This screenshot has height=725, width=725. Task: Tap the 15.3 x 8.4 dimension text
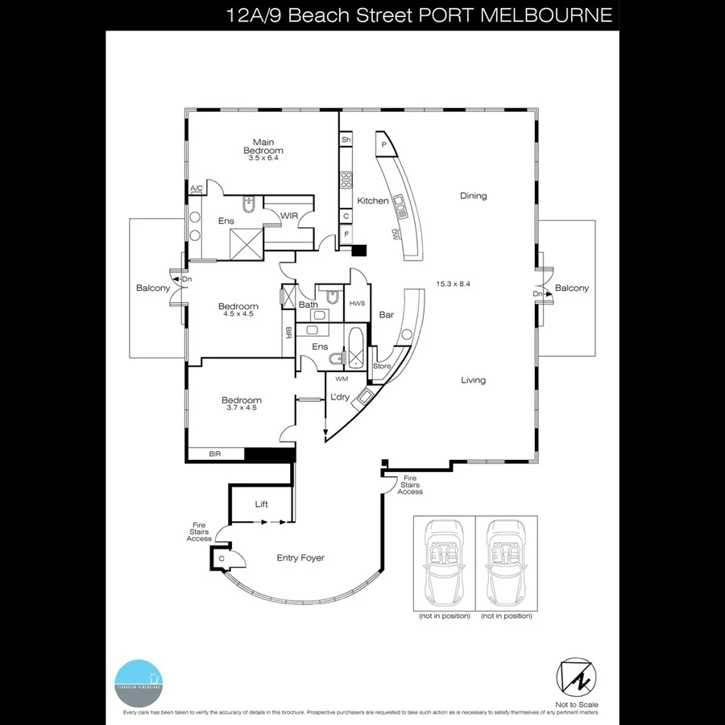453,284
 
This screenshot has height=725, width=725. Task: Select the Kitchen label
373,201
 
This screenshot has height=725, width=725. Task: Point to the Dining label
473,196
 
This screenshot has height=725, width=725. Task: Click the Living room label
473,380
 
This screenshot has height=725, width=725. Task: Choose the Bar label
387,315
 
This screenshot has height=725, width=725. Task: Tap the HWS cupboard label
357,303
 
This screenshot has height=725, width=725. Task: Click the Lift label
261,504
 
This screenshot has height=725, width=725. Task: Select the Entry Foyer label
300,557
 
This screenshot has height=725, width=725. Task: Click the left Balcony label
152,288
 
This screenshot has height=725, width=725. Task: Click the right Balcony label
572,288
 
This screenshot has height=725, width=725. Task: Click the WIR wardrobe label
289,215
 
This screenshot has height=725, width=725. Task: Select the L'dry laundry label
340,397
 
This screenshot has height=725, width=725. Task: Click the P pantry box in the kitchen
384,145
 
